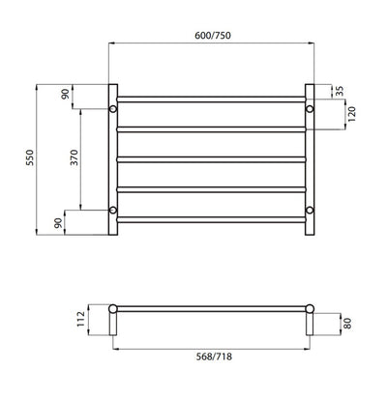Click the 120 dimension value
click(x=340, y=116)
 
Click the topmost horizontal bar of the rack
click(x=212, y=98)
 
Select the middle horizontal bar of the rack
click(x=212, y=158)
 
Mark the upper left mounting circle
click(x=114, y=109)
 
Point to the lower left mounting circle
click(x=114, y=209)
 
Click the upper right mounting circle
click(x=310, y=109)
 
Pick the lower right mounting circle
click(x=310, y=209)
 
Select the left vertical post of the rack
click(x=111, y=159)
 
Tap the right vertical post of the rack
click(x=312, y=159)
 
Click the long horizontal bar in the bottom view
click(x=212, y=308)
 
